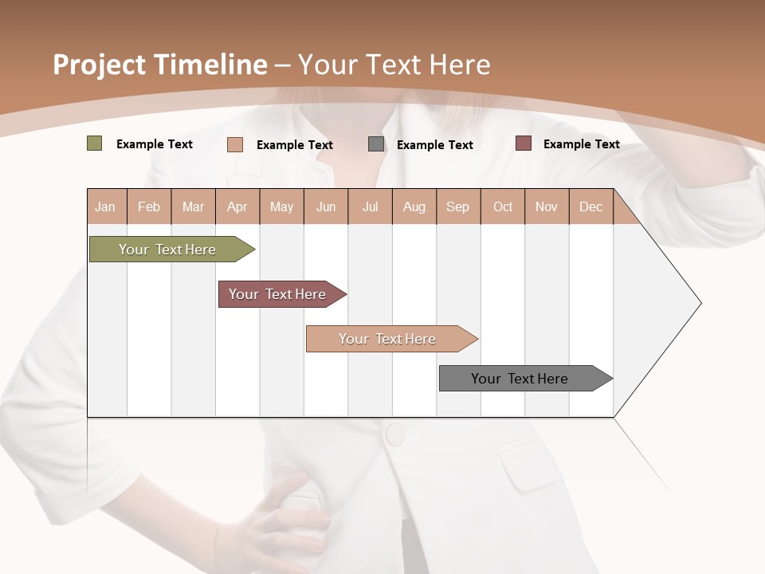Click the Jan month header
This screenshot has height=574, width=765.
[105, 206]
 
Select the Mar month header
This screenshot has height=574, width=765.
[193, 206]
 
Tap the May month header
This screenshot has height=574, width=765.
[281, 206]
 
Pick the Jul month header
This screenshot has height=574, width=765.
[370, 206]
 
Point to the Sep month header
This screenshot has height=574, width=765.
[457, 206]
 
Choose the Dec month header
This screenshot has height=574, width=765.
[590, 206]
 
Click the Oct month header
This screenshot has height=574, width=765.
[503, 206]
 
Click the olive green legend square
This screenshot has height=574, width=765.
[94, 143]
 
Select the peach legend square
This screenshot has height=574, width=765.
[234, 144]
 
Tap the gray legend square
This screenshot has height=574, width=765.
[376, 144]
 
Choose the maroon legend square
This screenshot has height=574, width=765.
[523, 143]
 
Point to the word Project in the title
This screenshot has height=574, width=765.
[100, 65]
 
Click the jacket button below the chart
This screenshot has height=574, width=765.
[394, 434]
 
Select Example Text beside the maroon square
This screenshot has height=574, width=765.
[581, 143]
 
